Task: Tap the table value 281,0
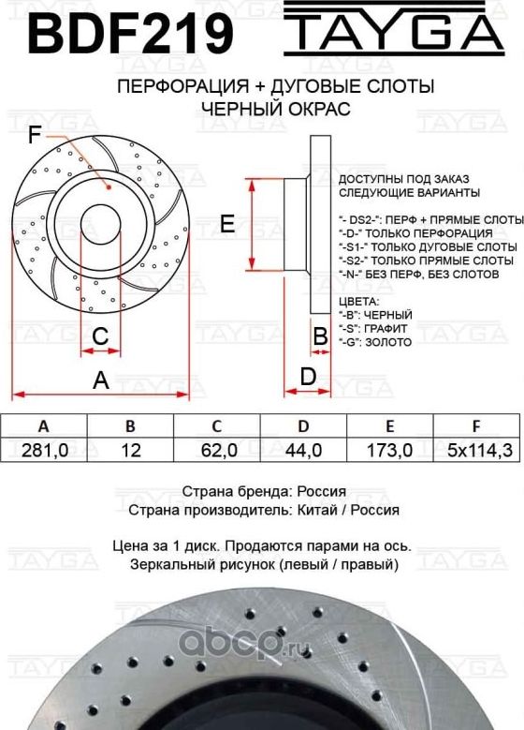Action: (43, 451)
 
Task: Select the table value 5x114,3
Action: (478, 451)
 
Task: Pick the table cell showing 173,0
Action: (392, 451)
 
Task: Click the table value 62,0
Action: (218, 451)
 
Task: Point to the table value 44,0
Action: (304, 451)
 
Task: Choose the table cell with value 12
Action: (131, 451)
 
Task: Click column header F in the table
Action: (477, 425)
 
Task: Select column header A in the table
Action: (43, 425)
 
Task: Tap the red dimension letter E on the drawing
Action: (226, 223)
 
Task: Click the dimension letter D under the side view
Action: (307, 378)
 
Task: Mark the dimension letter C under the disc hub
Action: (101, 335)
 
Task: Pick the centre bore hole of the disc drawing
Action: (102, 222)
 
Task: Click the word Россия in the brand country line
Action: (321, 491)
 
